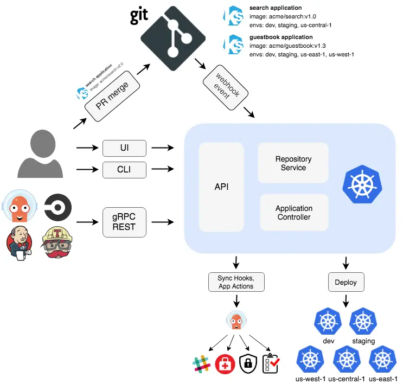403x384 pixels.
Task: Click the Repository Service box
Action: [293, 163]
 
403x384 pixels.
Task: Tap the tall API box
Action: [221, 187]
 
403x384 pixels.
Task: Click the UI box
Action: [124, 148]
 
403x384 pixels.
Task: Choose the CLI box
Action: [124, 170]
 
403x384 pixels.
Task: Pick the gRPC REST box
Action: [125, 222]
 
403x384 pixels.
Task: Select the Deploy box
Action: [346, 282]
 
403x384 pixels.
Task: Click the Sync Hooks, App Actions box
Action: [235, 282]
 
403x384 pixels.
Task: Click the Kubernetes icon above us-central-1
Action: [347, 360]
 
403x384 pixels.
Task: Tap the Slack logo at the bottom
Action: [201, 364]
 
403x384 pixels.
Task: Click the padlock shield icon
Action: [247, 364]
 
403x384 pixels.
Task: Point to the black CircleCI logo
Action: [57, 207]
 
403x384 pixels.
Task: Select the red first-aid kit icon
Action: [225, 364]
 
